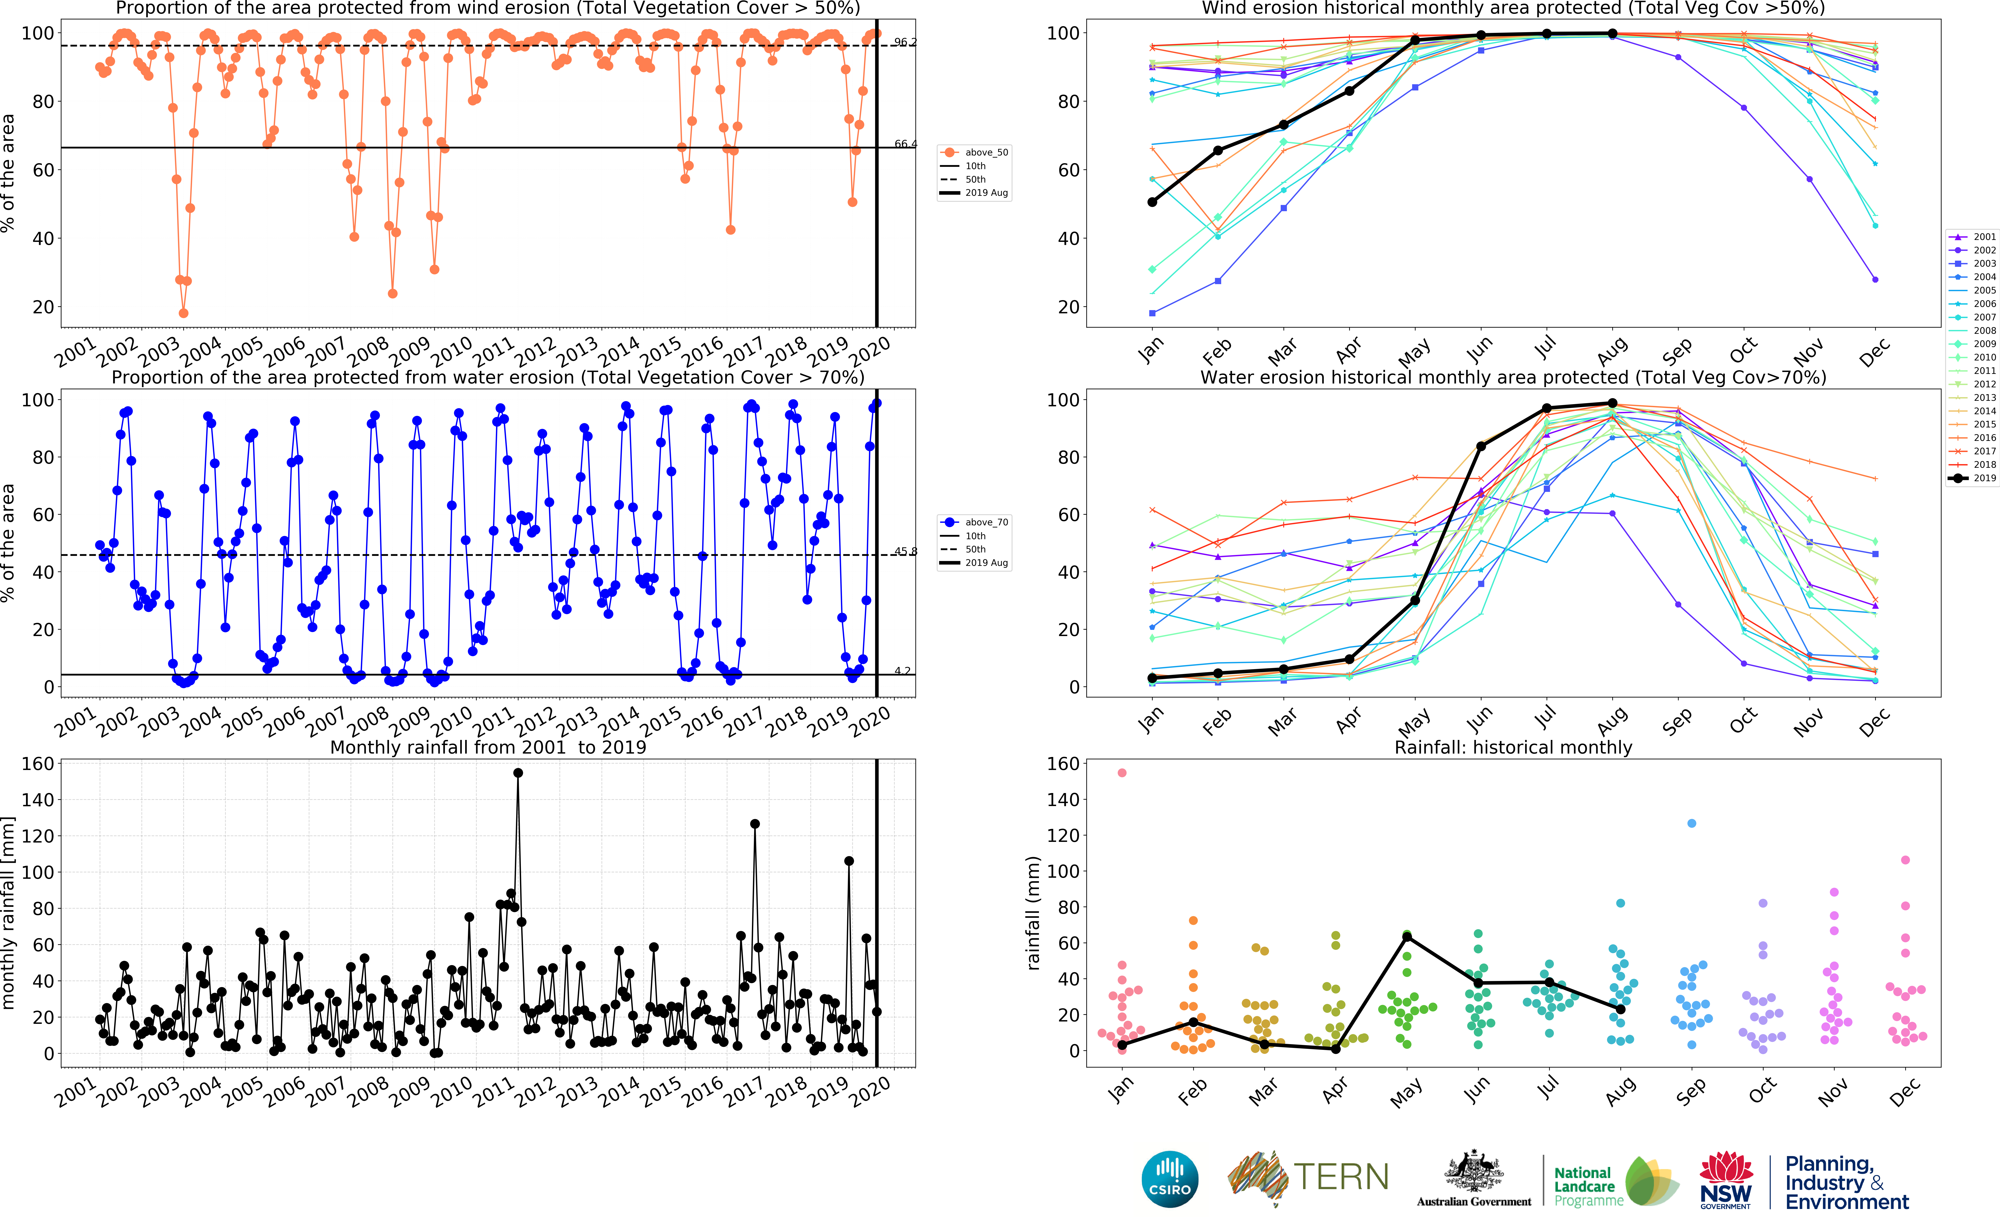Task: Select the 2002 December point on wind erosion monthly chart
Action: (1875, 279)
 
